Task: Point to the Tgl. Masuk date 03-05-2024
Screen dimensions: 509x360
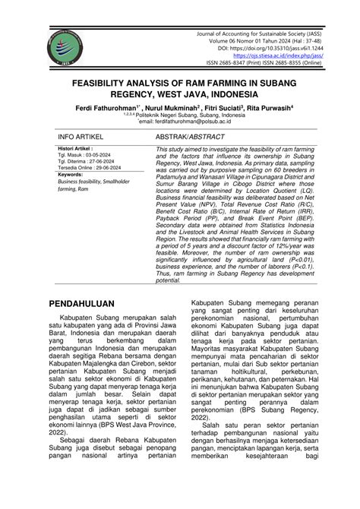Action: tap(106, 160)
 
